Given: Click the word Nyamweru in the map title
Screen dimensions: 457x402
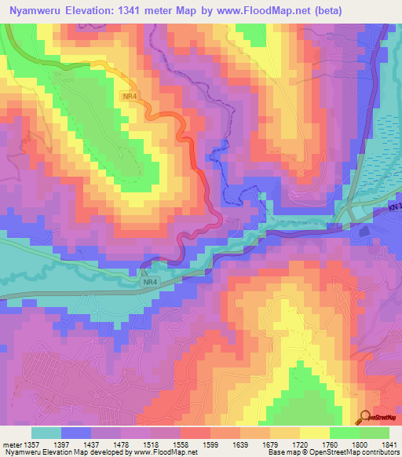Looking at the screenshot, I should pos(34,12).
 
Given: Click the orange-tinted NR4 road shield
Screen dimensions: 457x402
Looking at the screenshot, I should pos(130,96).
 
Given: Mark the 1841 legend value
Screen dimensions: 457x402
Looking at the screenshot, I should pos(390,444).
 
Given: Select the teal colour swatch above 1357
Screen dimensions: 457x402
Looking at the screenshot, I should pos(46,433).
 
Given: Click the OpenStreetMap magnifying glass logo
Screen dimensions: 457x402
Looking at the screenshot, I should pos(364,418).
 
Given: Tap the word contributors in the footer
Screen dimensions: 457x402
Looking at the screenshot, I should pos(376,453).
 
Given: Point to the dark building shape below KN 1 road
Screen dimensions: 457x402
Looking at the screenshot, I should pos(364,232).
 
